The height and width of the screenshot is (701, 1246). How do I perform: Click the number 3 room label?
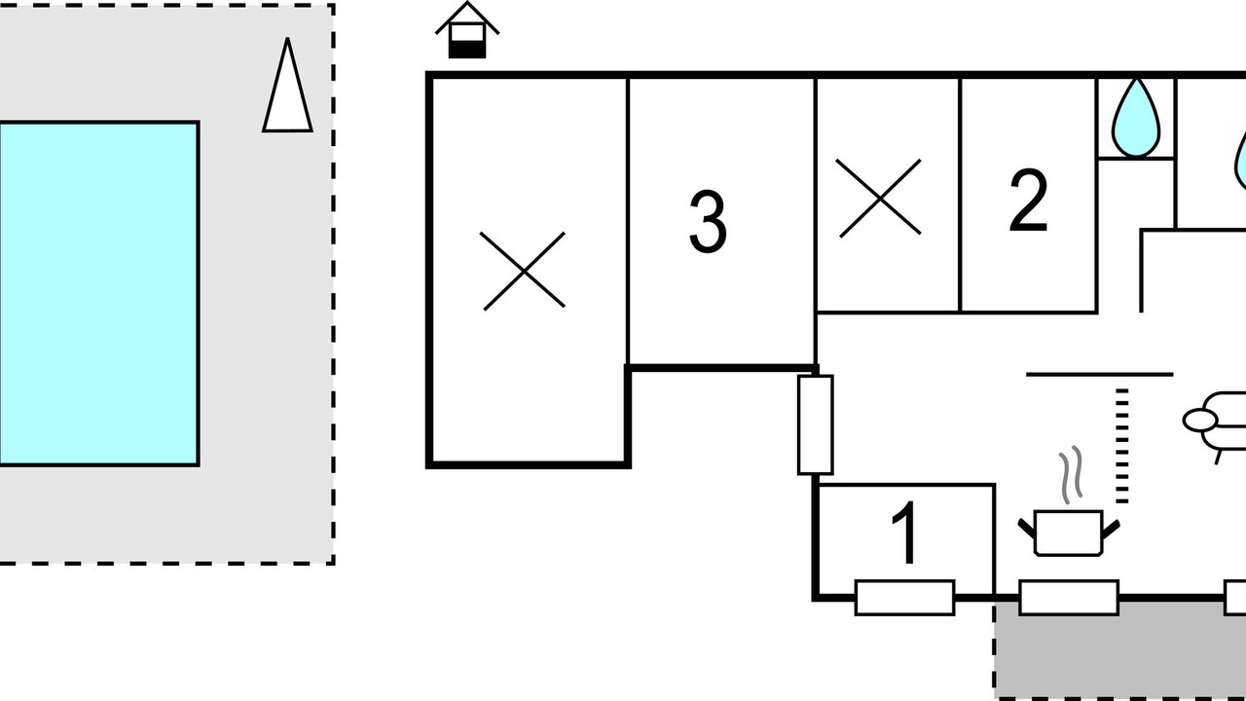(708, 221)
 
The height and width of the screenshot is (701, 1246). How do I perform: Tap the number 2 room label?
(1029, 201)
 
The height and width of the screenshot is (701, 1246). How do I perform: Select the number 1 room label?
(905, 532)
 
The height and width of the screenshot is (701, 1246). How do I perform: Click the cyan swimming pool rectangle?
(99, 294)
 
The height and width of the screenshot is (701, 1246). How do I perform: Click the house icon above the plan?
(467, 30)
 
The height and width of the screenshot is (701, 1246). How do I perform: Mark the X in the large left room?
(523, 271)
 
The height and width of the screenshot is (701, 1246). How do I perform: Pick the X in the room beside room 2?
(879, 199)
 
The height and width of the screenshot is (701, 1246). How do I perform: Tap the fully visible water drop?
(1136, 119)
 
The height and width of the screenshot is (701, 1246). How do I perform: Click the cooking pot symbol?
(1069, 533)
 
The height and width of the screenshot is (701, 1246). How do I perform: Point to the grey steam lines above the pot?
(1071, 474)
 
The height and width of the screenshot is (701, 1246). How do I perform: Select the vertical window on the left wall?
(816, 425)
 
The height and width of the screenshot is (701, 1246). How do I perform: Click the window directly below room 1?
(905, 598)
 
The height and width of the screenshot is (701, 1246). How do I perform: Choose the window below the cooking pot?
(1069, 598)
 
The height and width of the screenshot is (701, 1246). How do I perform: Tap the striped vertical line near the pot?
(1122, 446)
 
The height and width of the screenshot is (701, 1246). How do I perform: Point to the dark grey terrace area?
(1120, 649)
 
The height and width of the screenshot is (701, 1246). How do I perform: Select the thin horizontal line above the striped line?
(1100, 375)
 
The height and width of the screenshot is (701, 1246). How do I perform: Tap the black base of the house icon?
(467, 50)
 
